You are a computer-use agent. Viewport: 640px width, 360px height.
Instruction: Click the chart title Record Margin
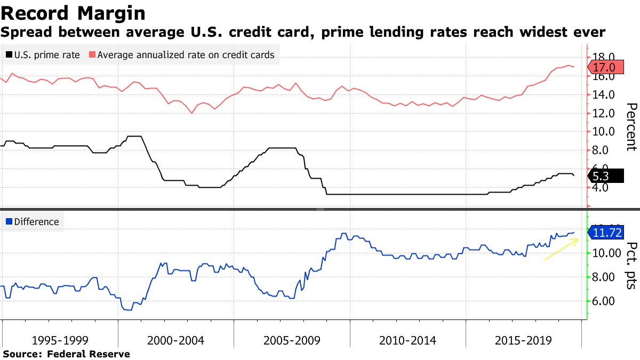coord(73,12)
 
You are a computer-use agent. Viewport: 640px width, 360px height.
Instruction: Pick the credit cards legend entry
coord(181,55)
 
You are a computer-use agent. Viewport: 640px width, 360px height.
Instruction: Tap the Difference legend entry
coord(33,222)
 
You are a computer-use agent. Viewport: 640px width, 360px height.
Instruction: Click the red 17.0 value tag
coord(605,67)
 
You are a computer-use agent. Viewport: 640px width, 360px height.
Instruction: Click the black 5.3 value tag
coord(605,176)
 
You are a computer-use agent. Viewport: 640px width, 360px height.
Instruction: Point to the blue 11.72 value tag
coord(608,233)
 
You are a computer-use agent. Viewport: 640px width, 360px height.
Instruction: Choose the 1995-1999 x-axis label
coord(60,340)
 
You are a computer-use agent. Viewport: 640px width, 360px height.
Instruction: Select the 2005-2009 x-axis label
coord(292,340)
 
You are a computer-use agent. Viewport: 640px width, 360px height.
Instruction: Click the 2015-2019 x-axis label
coord(523,340)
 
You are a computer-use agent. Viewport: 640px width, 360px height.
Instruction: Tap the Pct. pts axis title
coord(631,265)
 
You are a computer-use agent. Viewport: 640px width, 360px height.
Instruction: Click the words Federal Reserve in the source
coord(89,354)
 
